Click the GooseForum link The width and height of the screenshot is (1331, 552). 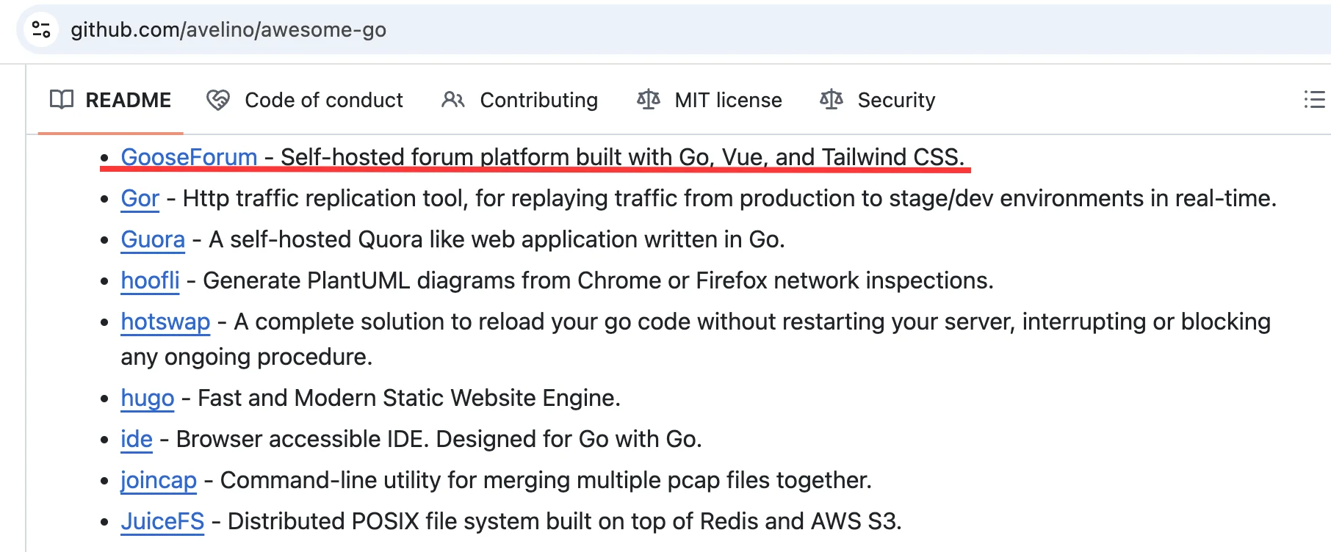point(189,156)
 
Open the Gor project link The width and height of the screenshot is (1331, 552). point(140,198)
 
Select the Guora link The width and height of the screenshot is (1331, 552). point(153,239)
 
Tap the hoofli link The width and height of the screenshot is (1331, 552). point(150,280)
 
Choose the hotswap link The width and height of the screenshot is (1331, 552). point(165,322)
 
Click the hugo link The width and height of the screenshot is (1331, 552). point(148,398)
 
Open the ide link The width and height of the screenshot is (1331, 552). point(137,439)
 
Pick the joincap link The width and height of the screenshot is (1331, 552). point(159,480)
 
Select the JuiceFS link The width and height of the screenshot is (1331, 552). point(162,521)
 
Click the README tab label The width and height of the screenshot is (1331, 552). point(129,100)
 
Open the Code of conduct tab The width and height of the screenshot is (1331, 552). point(305,100)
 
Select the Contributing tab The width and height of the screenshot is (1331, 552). point(520,100)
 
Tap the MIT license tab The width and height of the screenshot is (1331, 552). point(710,100)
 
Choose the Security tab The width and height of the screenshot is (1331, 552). point(878,100)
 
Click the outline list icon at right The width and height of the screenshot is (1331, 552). point(1314,99)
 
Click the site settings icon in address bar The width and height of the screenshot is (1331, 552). point(41,29)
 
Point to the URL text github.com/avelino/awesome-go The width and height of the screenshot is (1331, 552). point(228,29)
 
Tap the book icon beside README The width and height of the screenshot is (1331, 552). point(62,100)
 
